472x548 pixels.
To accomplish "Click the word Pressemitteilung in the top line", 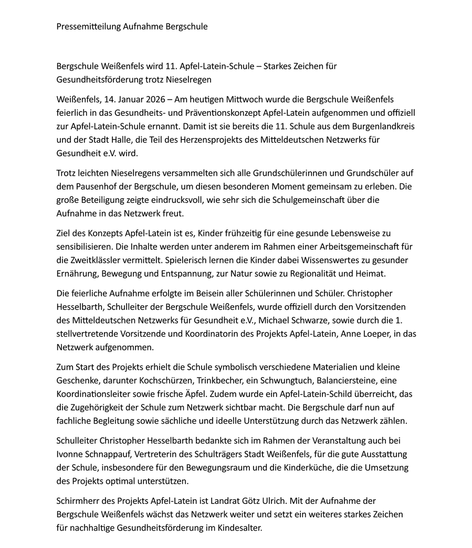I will [81, 26].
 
